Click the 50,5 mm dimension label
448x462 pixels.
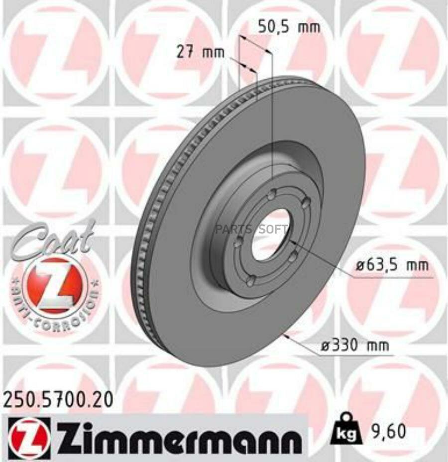(289, 27)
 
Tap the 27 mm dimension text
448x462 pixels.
(200, 52)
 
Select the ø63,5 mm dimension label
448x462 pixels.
(392, 265)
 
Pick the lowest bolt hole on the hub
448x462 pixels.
(251, 281)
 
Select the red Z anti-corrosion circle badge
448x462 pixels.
(55, 285)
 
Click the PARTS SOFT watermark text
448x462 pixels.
(251, 230)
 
